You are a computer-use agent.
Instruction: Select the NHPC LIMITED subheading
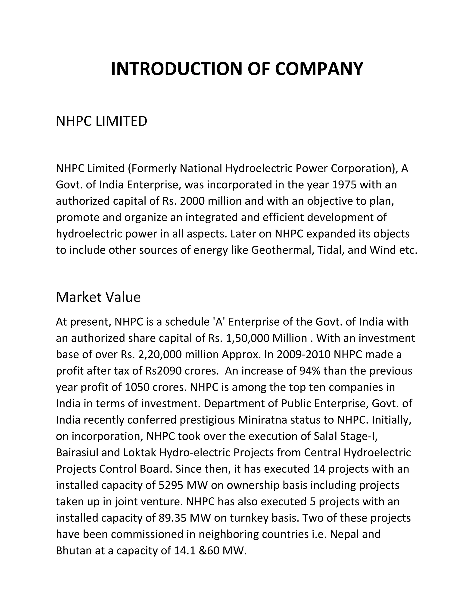(x=101, y=121)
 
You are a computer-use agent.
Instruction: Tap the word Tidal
(x=330, y=250)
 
